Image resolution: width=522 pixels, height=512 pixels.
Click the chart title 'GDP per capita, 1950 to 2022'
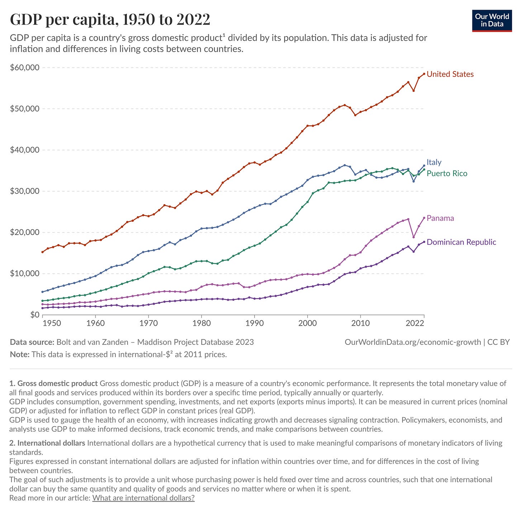[110, 19]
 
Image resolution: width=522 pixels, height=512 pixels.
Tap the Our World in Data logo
[492, 21]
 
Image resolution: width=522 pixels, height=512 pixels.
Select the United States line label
[450, 74]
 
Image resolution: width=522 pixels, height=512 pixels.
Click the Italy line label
[434, 162]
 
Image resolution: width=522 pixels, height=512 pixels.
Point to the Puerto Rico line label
[447, 174]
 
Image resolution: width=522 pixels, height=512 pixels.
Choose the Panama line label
[440, 218]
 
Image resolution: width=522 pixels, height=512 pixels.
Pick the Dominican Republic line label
[461, 242]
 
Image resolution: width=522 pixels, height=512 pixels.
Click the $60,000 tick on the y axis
[25, 67]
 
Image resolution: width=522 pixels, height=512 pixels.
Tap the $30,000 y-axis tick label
[25, 191]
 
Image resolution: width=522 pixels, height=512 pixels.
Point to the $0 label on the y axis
[34, 315]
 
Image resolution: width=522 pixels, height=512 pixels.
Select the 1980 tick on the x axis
[201, 323]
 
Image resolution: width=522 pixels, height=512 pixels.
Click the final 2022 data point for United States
[424, 74]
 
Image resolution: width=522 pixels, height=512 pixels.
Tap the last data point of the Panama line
[424, 218]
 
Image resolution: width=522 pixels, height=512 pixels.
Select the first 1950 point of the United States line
[43, 252]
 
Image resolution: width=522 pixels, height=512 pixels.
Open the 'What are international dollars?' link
[143, 498]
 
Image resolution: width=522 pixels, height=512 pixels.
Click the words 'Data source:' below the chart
[32, 342]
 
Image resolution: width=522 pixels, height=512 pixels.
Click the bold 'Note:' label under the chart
[19, 354]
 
